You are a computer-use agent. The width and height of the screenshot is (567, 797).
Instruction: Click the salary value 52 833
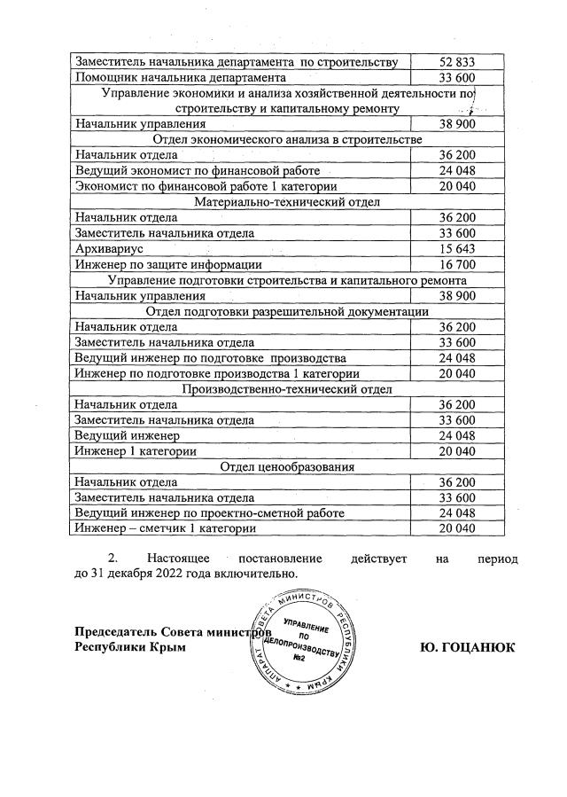point(458,61)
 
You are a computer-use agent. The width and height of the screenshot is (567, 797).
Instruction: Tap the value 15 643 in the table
point(458,249)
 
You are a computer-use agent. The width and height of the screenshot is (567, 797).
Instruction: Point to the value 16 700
point(458,264)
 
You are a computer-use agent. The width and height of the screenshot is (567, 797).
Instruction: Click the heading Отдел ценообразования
point(287,466)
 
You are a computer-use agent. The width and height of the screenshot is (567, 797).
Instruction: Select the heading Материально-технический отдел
point(287,202)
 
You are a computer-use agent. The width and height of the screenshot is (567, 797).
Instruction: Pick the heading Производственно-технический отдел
point(287,389)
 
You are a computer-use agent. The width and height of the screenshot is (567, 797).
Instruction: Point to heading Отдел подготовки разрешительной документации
point(287,311)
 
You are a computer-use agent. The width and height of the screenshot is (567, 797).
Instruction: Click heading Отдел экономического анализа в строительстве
point(287,140)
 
